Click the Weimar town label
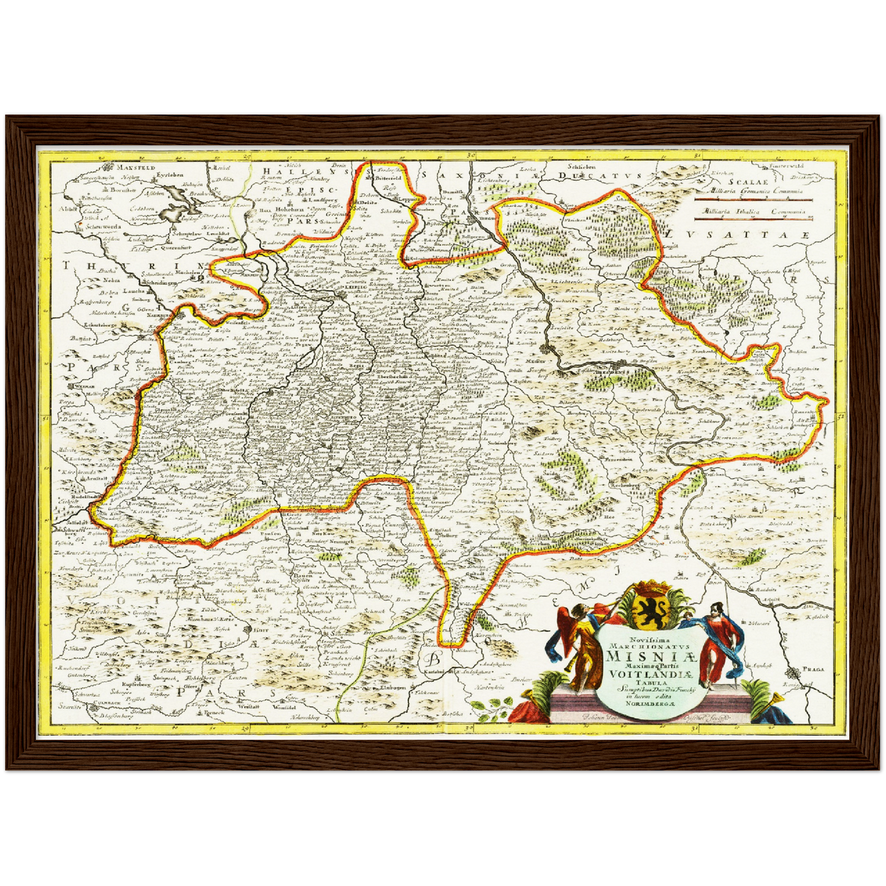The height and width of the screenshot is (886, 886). pyautogui.click(x=80, y=388)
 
